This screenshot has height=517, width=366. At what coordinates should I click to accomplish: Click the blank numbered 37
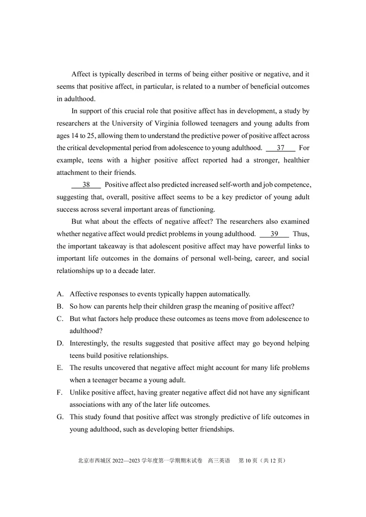(280, 148)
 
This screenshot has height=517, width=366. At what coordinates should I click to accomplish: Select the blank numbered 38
(86, 185)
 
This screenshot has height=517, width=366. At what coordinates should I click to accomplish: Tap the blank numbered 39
(274, 234)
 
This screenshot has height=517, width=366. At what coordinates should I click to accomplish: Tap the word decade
(129, 270)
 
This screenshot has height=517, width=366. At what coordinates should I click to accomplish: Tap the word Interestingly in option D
(89, 343)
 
